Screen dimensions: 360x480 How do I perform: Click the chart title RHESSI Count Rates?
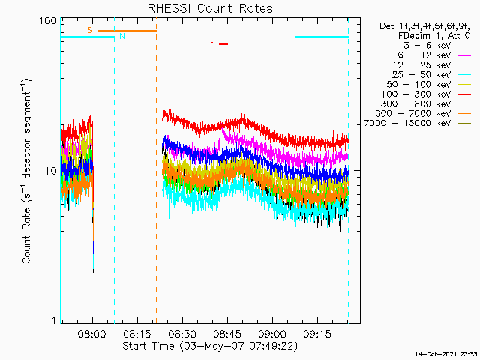point(210,9)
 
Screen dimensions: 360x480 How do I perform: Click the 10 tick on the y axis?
point(52,171)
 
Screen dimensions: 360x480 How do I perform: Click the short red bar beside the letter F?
point(223,43)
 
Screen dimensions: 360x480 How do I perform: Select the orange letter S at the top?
point(90,30)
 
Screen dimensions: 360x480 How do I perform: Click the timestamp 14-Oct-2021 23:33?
point(446,353)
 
